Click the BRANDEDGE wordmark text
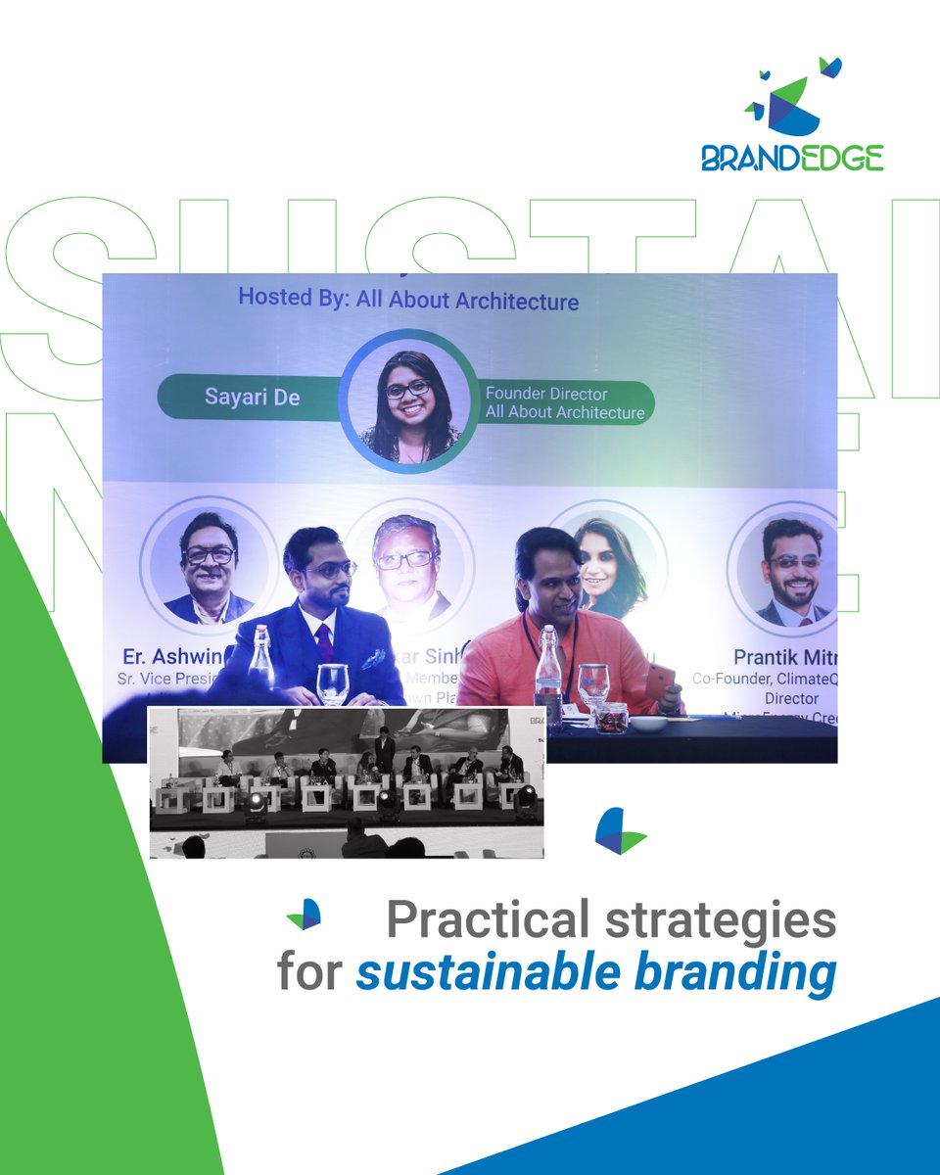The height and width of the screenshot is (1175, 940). (x=792, y=158)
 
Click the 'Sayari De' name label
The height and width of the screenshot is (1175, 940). (x=253, y=398)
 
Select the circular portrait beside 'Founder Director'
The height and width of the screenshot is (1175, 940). (x=408, y=401)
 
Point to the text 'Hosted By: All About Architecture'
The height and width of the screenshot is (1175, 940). (x=408, y=299)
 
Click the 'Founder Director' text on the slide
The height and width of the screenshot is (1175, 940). (x=546, y=394)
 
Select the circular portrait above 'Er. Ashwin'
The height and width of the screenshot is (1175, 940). (x=208, y=563)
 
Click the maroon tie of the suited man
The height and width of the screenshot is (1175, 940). (x=324, y=642)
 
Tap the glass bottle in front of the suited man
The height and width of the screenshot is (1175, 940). (x=261, y=659)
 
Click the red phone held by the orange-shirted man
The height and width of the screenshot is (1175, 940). (x=657, y=680)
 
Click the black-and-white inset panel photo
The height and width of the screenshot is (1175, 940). (x=347, y=781)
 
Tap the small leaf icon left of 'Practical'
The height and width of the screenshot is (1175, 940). (x=305, y=915)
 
